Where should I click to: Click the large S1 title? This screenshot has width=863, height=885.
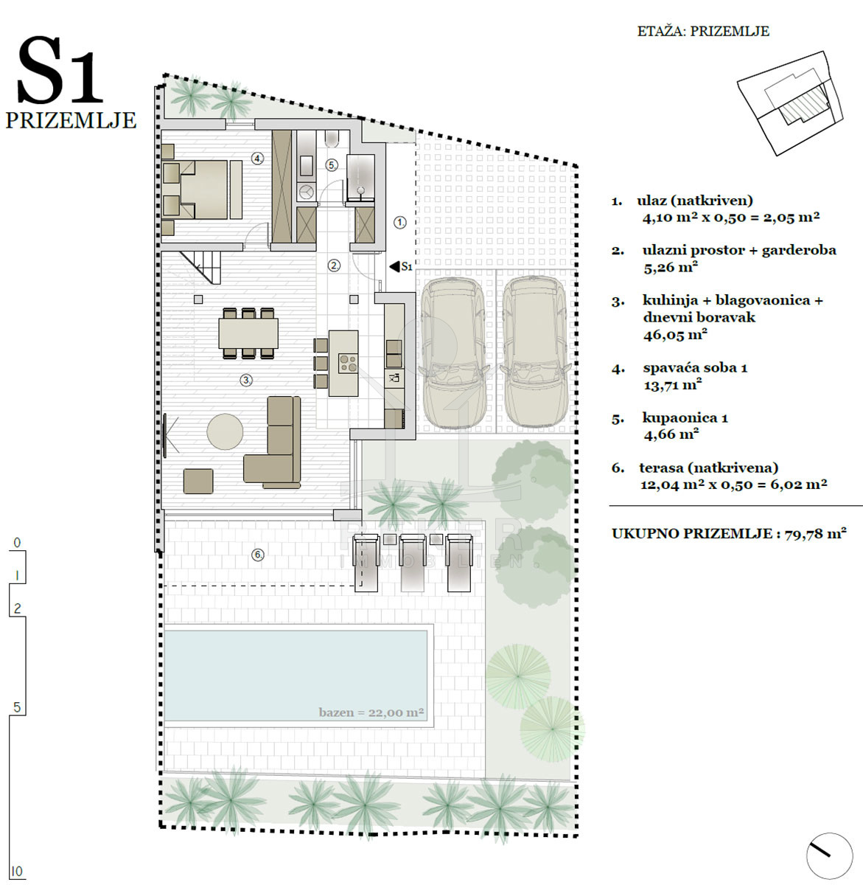(60, 71)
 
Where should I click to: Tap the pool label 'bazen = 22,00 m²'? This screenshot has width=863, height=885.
(371, 712)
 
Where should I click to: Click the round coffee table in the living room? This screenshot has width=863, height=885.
(225, 431)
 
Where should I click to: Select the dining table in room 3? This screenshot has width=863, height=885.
(248, 333)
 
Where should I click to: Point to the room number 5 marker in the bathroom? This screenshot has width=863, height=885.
(332, 165)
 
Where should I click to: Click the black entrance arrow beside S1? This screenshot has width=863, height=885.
(394, 266)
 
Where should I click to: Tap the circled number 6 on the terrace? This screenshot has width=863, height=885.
(258, 555)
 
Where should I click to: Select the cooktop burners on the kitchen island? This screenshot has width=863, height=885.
(348, 362)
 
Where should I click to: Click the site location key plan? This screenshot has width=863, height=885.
(790, 103)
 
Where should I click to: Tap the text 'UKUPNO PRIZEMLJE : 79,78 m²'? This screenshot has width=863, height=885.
(729, 533)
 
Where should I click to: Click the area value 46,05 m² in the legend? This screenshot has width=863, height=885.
(675, 335)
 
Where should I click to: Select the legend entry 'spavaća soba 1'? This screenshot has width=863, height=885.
(695, 367)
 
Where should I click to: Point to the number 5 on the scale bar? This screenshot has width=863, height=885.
(17, 707)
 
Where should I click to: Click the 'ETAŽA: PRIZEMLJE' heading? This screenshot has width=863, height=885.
(703, 32)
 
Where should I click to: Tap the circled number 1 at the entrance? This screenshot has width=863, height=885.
(400, 223)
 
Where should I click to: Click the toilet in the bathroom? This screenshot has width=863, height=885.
(332, 139)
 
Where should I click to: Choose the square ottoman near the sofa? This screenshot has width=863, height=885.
(198, 481)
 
